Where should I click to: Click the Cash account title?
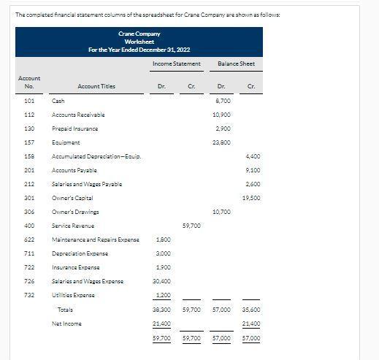pos(58,101)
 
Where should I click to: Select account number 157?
pos(30,142)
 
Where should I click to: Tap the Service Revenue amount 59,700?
pos(191,226)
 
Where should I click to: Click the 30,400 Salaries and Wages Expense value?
pos(163,281)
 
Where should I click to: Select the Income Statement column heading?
pos(176,64)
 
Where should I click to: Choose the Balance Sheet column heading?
pos(237,64)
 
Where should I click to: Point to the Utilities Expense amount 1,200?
pos(164,295)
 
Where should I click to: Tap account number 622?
pos(30,240)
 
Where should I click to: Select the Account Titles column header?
pos(96,86)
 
